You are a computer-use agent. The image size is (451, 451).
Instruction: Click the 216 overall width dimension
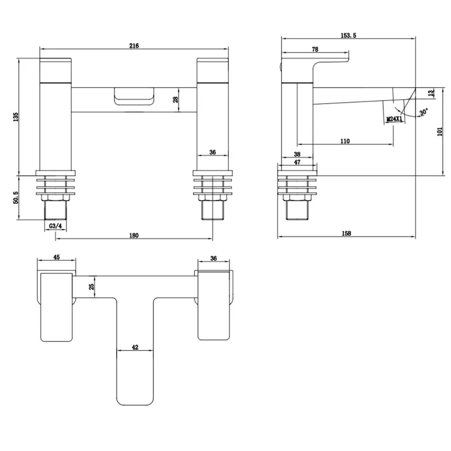click(x=134, y=46)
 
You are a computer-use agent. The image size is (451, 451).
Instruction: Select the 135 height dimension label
click(x=16, y=117)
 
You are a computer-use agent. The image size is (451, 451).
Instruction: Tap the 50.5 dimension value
click(x=16, y=198)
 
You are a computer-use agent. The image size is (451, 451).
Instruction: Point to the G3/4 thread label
click(x=55, y=226)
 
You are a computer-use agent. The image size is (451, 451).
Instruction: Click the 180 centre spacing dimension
click(x=134, y=236)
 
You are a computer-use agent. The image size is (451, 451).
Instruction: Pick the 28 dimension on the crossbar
click(x=175, y=100)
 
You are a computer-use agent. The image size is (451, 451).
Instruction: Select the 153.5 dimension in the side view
click(x=348, y=36)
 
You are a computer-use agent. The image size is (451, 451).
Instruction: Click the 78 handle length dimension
click(x=315, y=50)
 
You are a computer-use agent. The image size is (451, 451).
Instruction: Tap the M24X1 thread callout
click(x=394, y=119)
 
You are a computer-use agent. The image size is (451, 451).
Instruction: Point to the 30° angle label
click(x=424, y=112)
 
